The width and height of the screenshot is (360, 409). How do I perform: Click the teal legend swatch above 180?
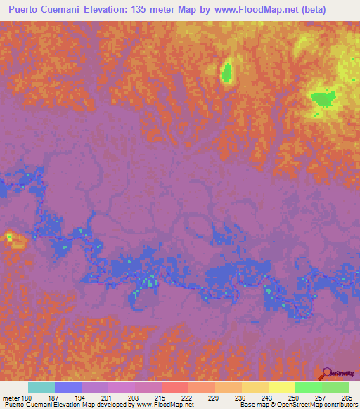41,387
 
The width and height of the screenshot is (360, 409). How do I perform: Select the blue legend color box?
68,387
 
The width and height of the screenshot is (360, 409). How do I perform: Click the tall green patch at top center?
226,72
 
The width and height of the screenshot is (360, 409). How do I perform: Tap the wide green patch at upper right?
322,98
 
